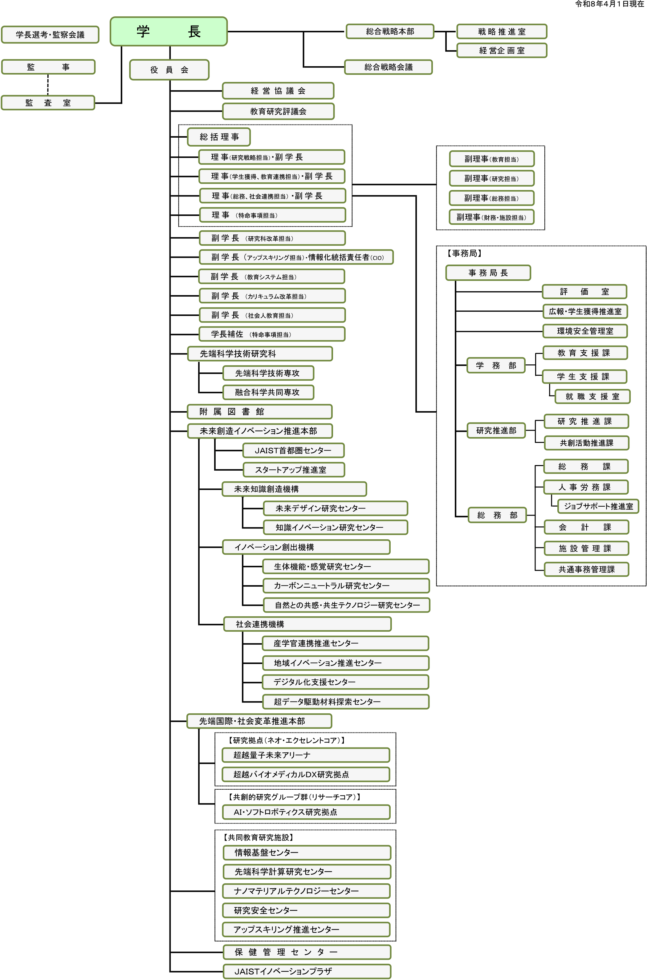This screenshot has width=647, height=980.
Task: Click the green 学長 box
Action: [x=168, y=31]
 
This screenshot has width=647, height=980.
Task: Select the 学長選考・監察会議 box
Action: [x=50, y=34]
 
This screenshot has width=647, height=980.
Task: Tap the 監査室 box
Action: [x=48, y=103]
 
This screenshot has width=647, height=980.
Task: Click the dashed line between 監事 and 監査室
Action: [x=48, y=85]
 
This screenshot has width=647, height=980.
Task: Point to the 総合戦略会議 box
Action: [x=388, y=67]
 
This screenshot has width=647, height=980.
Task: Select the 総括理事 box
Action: [x=219, y=137]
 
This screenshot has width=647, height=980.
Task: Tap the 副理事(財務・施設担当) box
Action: [x=491, y=217]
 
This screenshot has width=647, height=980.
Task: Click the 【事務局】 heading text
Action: [x=464, y=253]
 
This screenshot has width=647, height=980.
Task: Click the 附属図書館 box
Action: [x=259, y=412]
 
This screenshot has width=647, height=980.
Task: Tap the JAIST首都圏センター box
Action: [x=293, y=450]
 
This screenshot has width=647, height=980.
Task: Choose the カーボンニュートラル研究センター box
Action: [x=346, y=586]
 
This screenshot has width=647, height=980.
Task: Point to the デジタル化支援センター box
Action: [x=345, y=682]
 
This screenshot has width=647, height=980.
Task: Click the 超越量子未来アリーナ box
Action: [x=305, y=755]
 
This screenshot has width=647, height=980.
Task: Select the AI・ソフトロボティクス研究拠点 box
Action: [x=305, y=812]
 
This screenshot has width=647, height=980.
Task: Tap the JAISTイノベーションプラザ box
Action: [x=307, y=971]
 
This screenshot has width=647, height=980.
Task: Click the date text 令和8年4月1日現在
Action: [x=609, y=4]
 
